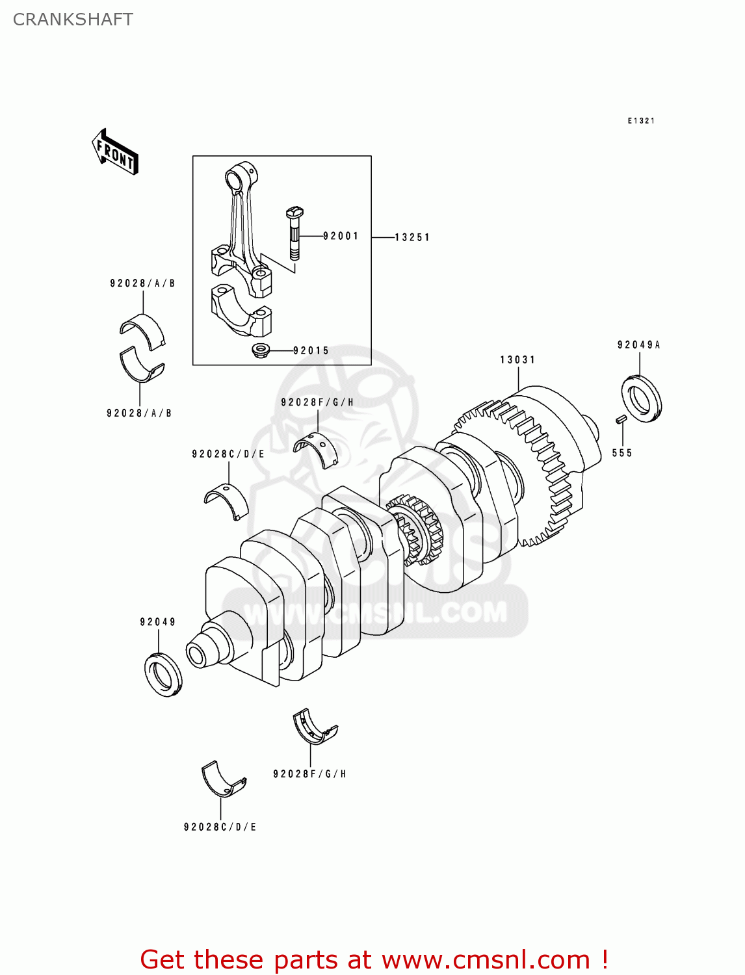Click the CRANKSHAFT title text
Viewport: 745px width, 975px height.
point(73,19)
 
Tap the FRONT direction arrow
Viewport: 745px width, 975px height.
point(115,152)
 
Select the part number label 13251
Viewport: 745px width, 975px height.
point(412,238)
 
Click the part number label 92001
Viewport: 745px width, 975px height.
point(341,237)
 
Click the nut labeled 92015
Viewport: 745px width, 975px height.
point(261,351)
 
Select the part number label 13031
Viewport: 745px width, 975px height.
point(517,360)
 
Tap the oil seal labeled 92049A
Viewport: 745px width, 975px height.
point(642,398)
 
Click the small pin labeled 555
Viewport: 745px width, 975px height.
point(620,419)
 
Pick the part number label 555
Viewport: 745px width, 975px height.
point(621,453)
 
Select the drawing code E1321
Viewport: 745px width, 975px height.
point(641,121)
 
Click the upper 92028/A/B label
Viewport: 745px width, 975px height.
point(142,284)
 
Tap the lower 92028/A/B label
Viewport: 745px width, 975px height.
point(139,413)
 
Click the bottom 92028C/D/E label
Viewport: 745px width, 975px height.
point(220,827)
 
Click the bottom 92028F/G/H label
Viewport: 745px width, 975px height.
point(309,774)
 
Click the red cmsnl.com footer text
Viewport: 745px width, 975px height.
point(374,960)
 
